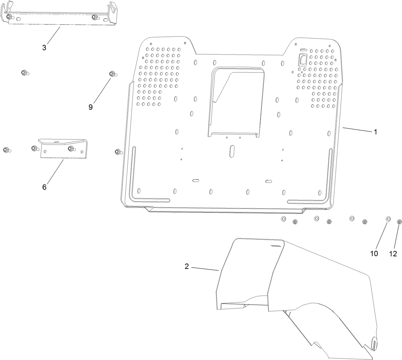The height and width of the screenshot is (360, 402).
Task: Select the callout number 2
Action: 187,267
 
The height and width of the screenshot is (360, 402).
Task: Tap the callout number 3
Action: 44,47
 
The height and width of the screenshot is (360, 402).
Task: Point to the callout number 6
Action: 44,187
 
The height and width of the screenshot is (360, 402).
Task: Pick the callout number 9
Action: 90,107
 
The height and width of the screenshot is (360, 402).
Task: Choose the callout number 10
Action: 374,253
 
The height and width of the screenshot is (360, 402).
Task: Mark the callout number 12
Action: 393,253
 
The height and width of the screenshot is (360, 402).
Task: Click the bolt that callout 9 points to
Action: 112,74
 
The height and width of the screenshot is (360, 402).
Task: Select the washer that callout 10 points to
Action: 388,219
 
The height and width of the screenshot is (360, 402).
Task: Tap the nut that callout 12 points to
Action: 399,222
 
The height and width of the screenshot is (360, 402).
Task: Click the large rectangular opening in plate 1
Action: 235,101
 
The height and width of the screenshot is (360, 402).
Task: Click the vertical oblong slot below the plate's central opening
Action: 232,150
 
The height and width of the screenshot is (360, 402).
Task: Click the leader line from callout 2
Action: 205,268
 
